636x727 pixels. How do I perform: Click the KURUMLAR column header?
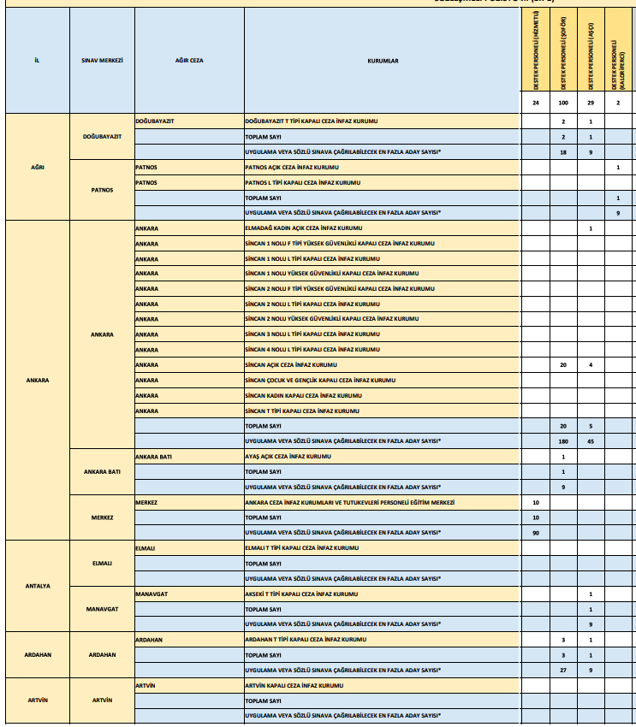point(383,61)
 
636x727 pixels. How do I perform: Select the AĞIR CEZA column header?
point(188,61)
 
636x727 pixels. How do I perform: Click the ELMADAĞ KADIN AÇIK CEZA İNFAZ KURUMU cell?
point(303,228)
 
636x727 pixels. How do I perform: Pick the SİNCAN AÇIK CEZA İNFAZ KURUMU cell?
point(282,364)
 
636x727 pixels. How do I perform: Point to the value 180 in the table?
point(563,441)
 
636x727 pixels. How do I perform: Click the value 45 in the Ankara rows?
point(591,441)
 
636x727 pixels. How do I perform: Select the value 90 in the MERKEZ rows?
point(536,533)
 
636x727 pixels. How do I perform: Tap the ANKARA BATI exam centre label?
point(102,471)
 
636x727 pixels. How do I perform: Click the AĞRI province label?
point(38,166)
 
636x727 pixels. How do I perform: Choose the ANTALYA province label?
point(38,586)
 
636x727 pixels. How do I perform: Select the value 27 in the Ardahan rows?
point(563,671)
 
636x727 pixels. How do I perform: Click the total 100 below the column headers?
point(563,103)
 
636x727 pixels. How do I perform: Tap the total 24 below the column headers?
point(536,103)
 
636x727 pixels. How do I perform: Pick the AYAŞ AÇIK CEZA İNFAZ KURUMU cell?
point(288,457)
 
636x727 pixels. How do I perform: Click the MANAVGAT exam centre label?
point(102,608)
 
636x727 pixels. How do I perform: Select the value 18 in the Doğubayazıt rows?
point(563,151)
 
